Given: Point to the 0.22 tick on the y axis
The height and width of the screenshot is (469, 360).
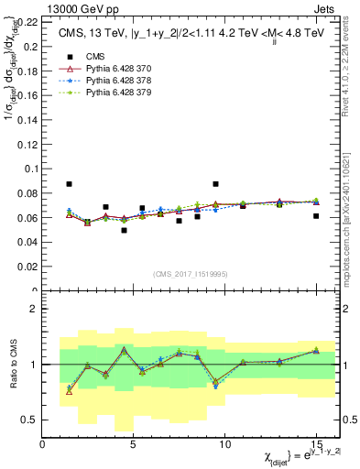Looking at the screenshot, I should pos(27,21).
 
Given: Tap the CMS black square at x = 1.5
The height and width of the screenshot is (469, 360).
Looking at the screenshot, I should pos(70,184).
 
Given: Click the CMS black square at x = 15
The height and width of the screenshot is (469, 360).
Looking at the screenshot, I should pos(316,216).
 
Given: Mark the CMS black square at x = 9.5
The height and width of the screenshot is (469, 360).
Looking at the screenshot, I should pos(215,184).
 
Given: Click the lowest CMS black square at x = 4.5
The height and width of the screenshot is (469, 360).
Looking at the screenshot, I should pos(124,230).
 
